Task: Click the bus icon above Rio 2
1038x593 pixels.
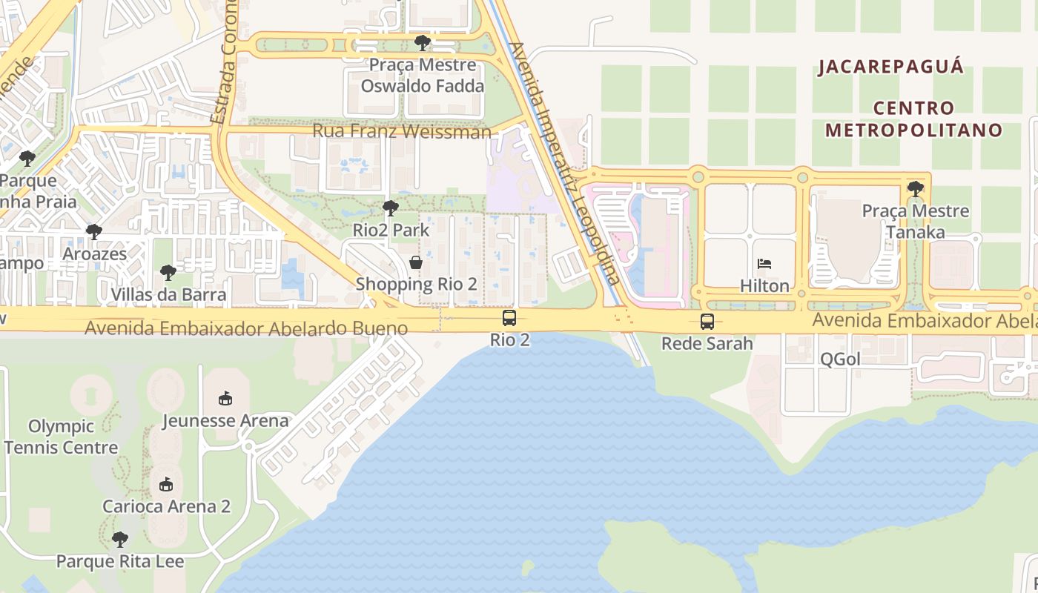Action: [x=509, y=318]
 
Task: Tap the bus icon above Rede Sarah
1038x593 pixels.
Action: [x=707, y=322]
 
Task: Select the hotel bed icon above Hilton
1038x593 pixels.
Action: [x=764, y=263]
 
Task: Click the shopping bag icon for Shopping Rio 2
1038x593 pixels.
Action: [x=416, y=262]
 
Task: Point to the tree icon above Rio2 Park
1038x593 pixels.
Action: [x=391, y=208]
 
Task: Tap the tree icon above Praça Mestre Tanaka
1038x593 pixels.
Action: [x=916, y=188]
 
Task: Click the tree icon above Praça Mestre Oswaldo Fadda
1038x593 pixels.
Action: [x=423, y=43]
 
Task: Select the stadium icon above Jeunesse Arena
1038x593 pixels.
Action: [x=225, y=399]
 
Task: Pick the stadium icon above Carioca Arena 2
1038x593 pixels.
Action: [x=166, y=485]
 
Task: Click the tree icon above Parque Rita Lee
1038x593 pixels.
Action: [x=120, y=540]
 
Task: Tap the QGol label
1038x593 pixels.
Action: [x=840, y=360]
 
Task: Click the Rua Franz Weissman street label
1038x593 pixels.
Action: [x=401, y=131]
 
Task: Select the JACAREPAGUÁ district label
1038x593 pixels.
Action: [x=890, y=67]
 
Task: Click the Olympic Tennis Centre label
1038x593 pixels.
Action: [x=61, y=437]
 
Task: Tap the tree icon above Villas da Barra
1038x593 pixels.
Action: [x=168, y=273]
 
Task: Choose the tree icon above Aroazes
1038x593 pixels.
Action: [x=94, y=232]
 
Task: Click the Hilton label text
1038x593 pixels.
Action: [x=764, y=285]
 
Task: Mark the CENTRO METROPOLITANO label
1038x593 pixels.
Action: [x=913, y=119]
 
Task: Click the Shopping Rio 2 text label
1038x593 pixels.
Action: [x=415, y=284]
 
